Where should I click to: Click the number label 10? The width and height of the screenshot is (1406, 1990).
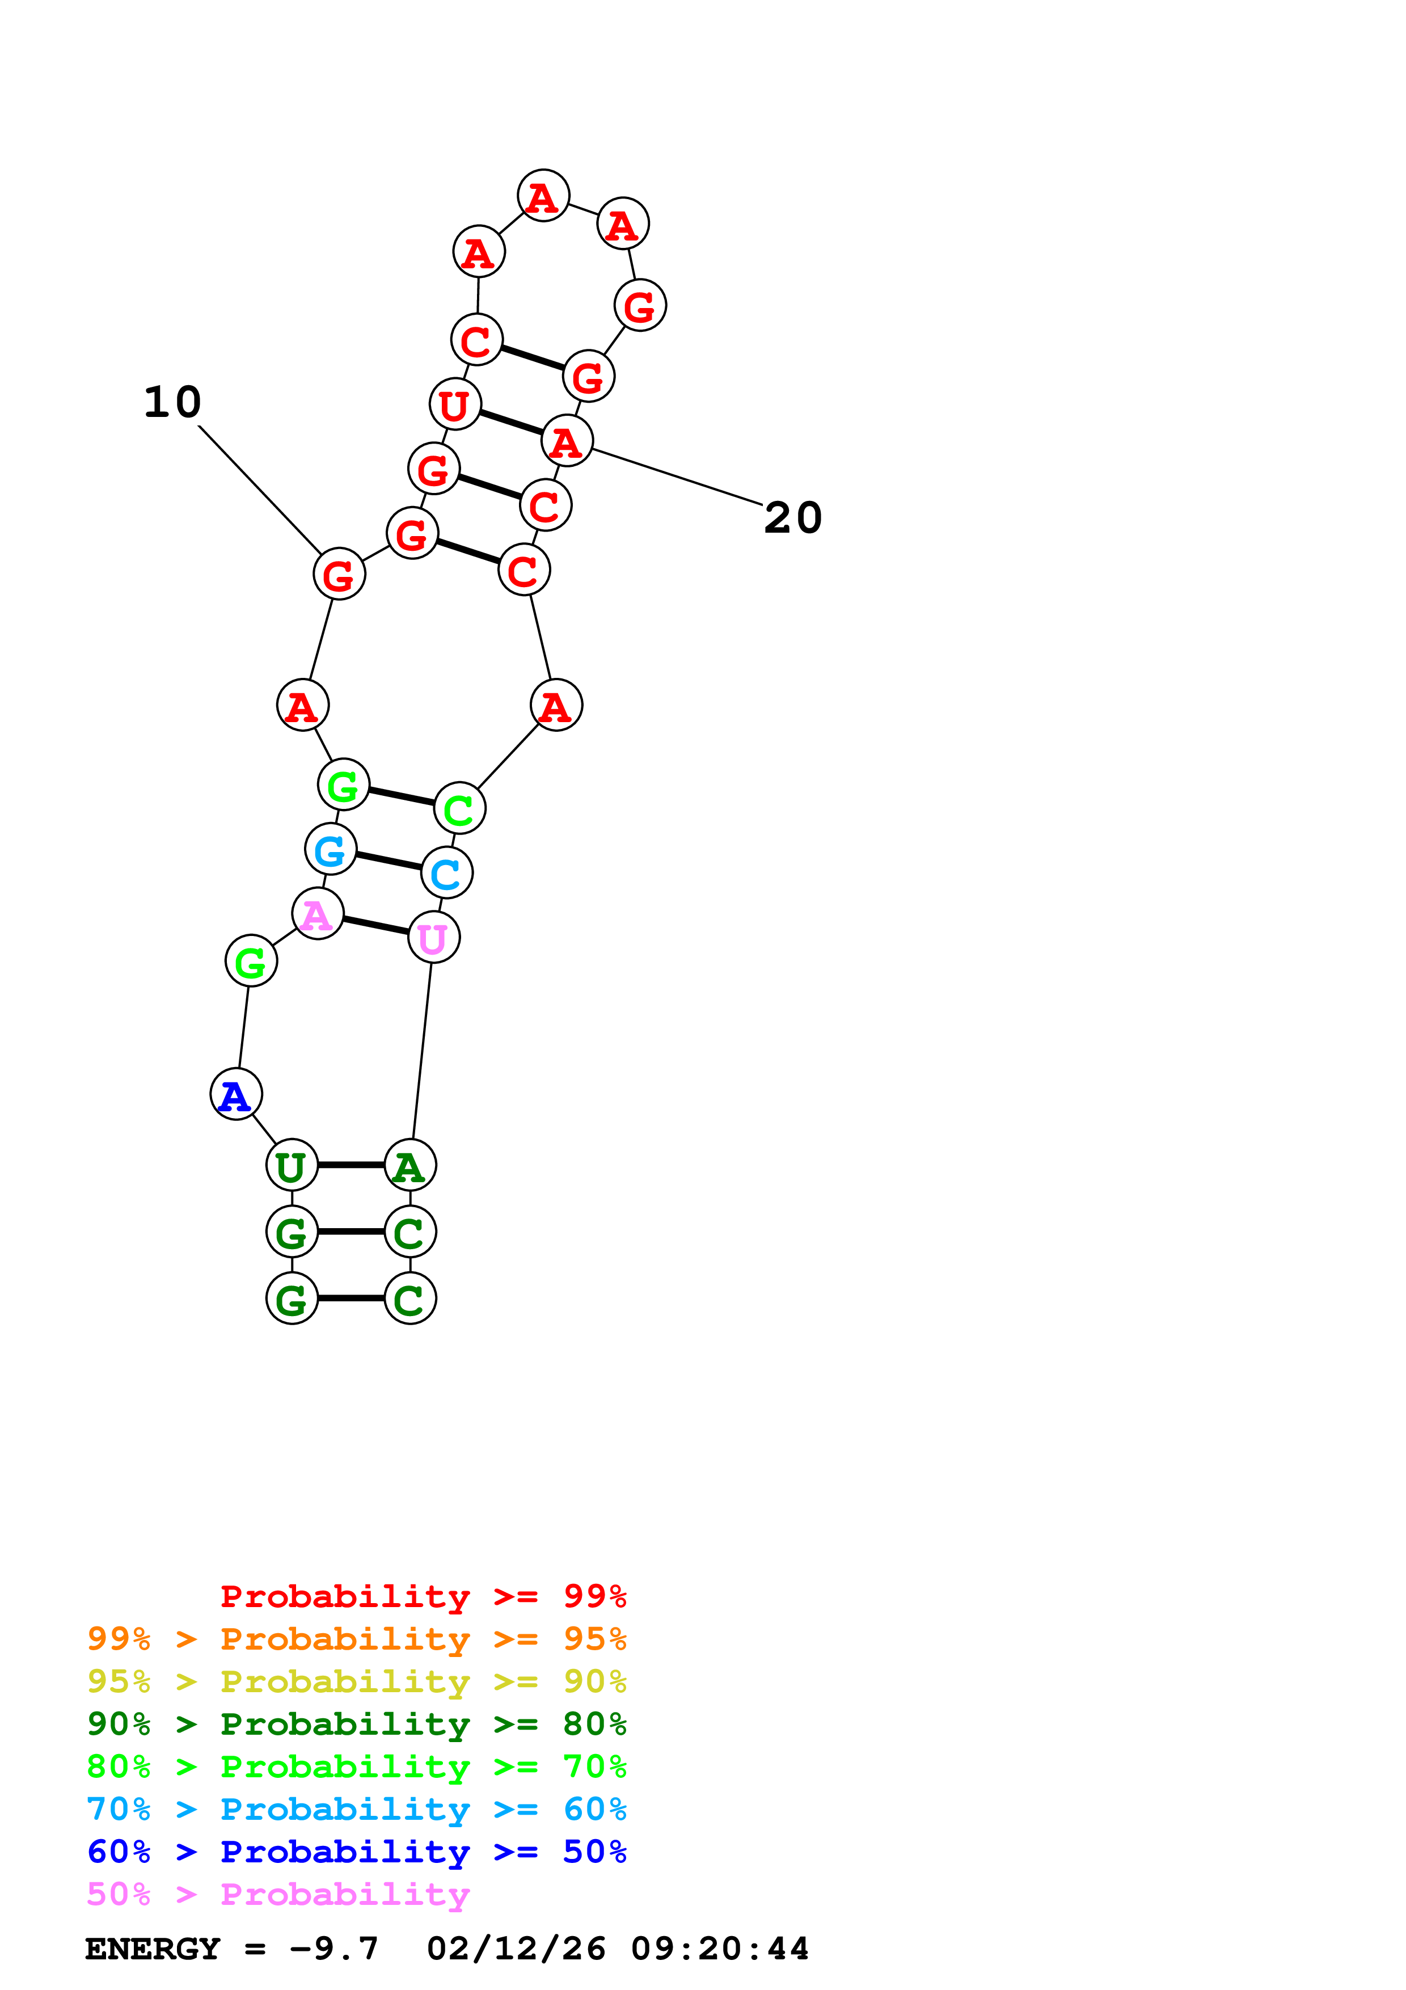[x=172, y=402]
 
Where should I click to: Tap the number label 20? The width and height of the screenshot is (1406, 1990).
[x=793, y=518]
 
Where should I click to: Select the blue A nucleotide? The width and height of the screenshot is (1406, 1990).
[x=235, y=1095]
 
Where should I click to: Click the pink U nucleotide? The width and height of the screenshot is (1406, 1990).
[x=433, y=938]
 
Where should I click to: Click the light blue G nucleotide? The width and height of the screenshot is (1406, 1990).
[x=331, y=850]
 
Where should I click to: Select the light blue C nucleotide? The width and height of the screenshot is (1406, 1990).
[x=446, y=874]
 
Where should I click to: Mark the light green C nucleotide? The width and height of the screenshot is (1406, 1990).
[x=459, y=810]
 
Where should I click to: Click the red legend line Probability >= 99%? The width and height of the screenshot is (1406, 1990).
[x=423, y=1596]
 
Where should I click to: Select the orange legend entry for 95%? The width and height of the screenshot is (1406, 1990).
[x=356, y=1639]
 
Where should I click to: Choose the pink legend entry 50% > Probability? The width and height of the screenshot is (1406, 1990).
[x=278, y=1895]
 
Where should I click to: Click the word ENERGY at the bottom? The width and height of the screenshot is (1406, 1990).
[x=153, y=1949]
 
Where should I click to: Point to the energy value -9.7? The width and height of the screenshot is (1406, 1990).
[x=335, y=1949]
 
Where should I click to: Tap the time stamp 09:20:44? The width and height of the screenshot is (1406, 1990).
[x=719, y=1949]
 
